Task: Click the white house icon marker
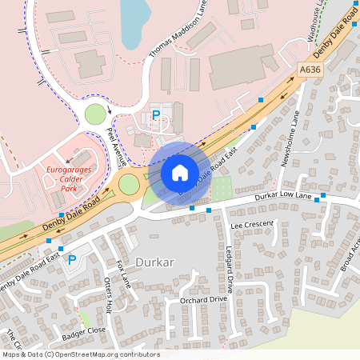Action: (x=179, y=172)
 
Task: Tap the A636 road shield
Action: (x=312, y=70)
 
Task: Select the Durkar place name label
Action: (x=154, y=262)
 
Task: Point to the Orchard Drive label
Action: (x=204, y=300)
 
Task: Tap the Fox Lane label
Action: (x=123, y=274)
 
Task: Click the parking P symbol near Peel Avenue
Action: (x=156, y=116)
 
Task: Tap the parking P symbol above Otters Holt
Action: (x=71, y=260)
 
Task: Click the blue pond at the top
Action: (x=133, y=20)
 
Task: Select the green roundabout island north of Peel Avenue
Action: (x=95, y=114)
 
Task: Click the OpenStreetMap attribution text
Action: (x=80, y=354)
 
